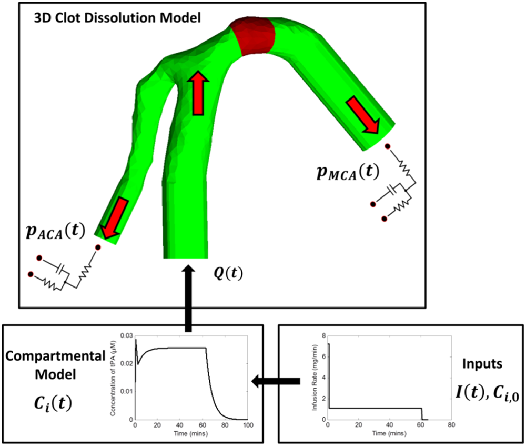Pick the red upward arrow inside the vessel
coord(199,93)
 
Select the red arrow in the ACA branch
coord(114,216)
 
